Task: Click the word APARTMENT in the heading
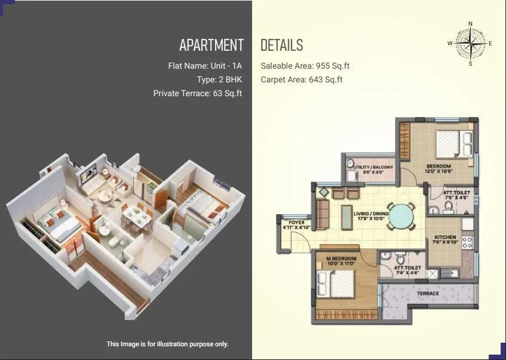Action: (x=211, y=45)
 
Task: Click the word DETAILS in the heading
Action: (x=281, y=45)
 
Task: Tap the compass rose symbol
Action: (x=470, y=44)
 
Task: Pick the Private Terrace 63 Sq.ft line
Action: (x=198, y=93)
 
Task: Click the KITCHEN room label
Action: (x=445, y=238)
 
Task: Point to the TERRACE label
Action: (x=428, y=293)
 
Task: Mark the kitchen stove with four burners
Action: (x=468, y=242)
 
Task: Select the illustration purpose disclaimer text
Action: (x=167, y=344)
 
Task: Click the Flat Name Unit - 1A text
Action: (x=205, y=65)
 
